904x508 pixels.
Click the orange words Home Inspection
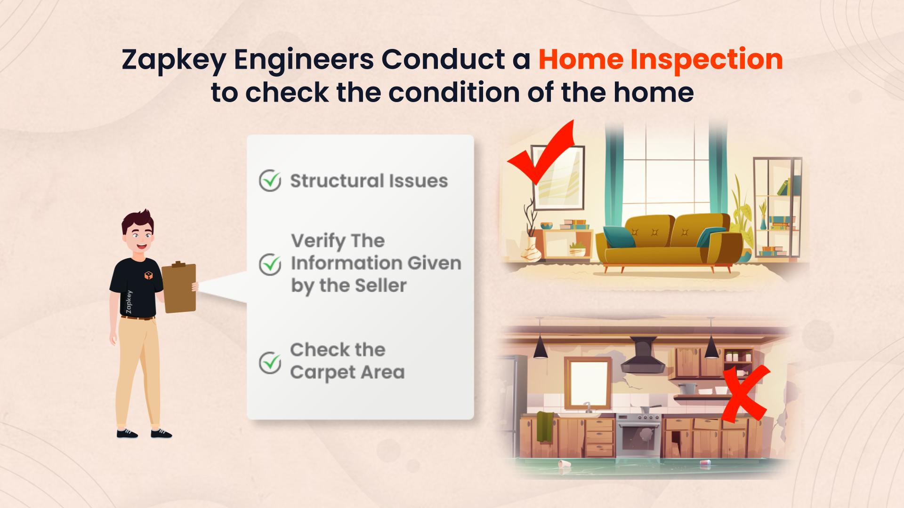click(x=660, y=60)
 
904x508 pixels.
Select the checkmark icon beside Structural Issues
click(x=270, y=181)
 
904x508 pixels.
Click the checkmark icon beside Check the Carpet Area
click(x=270, y=362)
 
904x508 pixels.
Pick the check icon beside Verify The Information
click(x=270, y=264)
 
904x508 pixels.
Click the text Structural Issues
click(x=369, y=181)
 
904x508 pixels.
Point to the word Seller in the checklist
click(x=380, y=285)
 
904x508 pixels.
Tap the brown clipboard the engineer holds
click(x=179, y=287)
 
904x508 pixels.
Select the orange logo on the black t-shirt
click(x=148, y=275)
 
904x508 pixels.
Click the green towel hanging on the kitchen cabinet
click(x=545, y=426)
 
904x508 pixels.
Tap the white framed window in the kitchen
click(x=588, y=383)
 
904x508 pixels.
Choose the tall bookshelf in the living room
click(x=777, y=207)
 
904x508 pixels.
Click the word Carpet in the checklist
click(x=323, y=373)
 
